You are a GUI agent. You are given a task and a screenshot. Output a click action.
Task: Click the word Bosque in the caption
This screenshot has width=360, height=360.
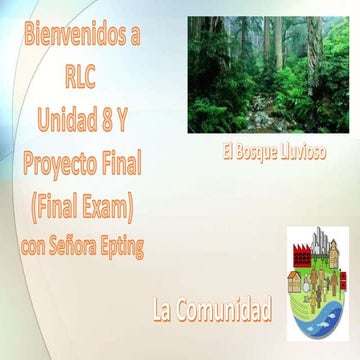(x=260, y=153)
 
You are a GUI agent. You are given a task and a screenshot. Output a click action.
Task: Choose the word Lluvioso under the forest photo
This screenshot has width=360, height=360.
(x=301, y=153)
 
